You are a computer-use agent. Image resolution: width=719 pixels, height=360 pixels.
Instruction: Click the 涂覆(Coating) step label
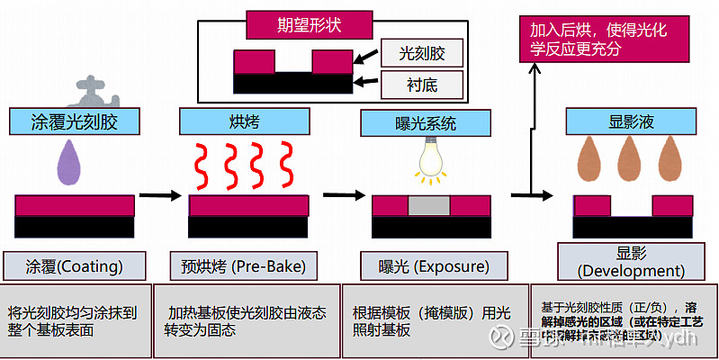tap(75, 265)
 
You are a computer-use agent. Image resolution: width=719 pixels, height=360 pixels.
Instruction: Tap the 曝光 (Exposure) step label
tap(426, 266)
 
